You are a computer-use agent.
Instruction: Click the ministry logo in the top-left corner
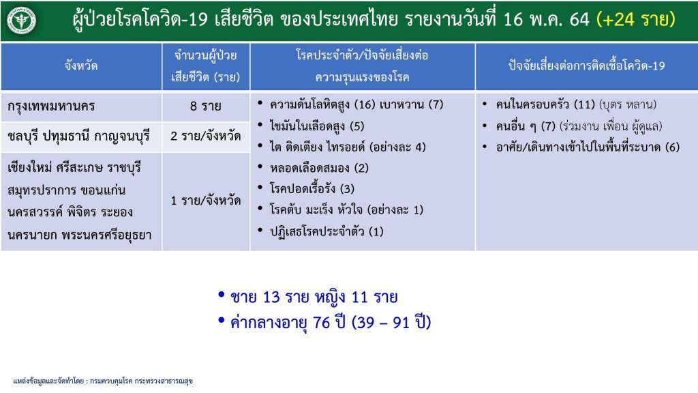[21, 20]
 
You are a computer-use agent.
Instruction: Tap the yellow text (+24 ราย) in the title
[636, 20]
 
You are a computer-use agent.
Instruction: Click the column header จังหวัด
[81, 66]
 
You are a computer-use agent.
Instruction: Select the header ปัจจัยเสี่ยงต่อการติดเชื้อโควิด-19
[586, 66]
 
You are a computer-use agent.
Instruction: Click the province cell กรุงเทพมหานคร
[51, 106]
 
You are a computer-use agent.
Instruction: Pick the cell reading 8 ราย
[206, 106]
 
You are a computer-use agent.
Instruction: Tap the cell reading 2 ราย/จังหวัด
[206, 136]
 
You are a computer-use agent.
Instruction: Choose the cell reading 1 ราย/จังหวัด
[206, 201]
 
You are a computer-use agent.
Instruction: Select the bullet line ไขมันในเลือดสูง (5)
[317, 126]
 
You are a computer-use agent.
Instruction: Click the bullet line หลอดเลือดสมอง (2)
[319, 169]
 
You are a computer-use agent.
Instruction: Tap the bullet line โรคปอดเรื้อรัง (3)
[312, 189]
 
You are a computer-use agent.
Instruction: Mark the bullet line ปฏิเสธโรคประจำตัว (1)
[327, 232]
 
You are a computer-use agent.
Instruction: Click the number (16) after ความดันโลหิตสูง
[365, 104]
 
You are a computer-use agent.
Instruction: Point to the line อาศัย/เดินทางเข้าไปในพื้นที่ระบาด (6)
[588, 147]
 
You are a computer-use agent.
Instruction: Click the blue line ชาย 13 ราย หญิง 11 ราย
[314, 297]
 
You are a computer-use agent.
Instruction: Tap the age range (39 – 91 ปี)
[391, 322]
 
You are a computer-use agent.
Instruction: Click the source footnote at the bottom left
[103, 381]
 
